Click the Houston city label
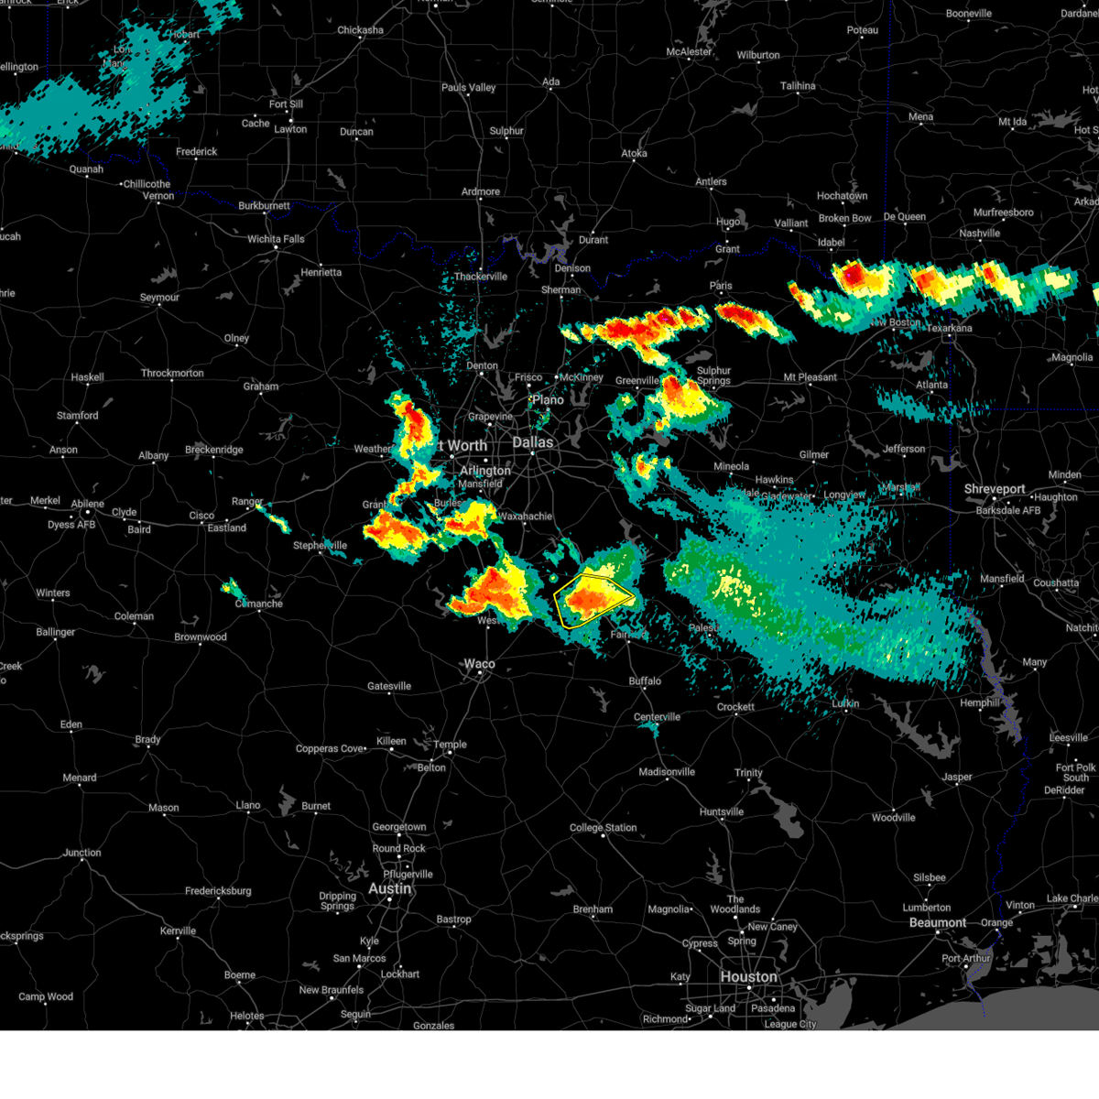748,976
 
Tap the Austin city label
389,888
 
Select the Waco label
479,664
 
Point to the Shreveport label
995,489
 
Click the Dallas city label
532,442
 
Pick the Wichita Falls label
276,239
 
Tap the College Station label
603,828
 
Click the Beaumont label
938,922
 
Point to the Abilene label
88,504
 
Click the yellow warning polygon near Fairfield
593,597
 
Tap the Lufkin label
845,703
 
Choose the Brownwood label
201,637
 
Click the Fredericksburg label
218,891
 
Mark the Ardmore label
481,191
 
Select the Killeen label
391,741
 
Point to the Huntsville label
722,812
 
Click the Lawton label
290,129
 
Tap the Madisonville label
667,772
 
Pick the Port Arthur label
966,959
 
